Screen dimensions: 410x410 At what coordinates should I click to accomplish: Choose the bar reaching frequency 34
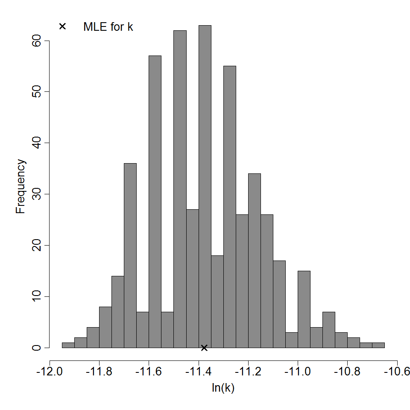(x=254, y=261)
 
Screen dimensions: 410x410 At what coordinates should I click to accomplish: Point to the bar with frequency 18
(x=217, y=302)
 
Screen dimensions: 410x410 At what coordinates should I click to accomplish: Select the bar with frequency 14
(x=118, y=312)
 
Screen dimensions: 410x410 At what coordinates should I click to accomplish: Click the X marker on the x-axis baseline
(x=204, y=348)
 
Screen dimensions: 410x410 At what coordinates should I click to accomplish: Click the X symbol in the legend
(x=62, y=26)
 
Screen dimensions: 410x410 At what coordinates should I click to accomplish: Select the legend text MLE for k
(x=108, y=26)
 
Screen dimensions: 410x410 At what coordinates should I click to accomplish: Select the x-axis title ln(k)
(x=223, y=388)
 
